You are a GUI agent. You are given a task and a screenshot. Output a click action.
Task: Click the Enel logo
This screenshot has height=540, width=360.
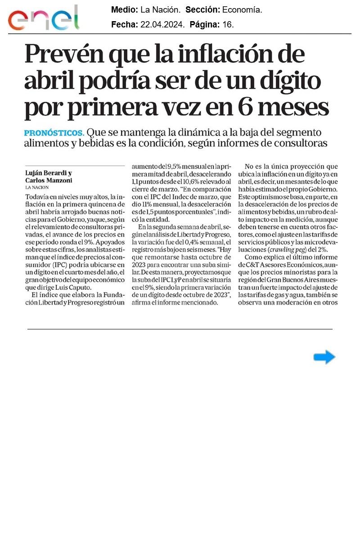coord(44,18)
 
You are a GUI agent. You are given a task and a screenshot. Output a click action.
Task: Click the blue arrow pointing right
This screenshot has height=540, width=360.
coord(324,357)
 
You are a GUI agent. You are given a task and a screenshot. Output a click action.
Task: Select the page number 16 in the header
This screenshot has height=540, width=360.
coord(228,25)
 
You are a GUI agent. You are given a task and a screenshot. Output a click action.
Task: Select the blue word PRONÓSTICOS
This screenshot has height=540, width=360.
coord(54,133)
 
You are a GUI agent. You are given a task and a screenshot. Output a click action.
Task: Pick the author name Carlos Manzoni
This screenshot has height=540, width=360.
coord(48,180)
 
